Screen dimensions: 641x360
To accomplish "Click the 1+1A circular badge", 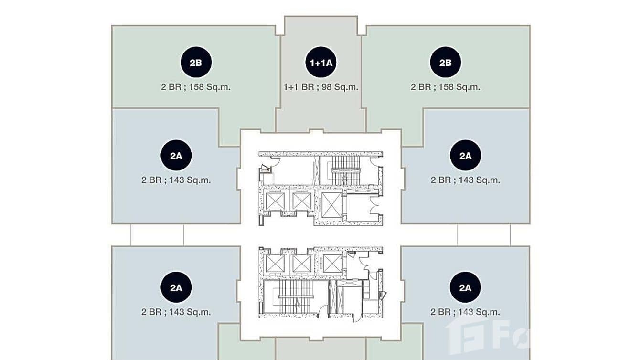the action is click(321, 62).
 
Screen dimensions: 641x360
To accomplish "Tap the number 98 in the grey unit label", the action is click(327, 87).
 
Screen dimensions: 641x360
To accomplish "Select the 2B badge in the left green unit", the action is click(196, 62).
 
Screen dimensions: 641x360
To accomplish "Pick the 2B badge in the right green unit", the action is click(446, 62).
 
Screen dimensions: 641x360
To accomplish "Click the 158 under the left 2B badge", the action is click(196, 87).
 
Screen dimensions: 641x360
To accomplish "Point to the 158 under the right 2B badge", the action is click(446, 87).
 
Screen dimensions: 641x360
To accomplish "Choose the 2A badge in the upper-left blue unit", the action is click(176, 155).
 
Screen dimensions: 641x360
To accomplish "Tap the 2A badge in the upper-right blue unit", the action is click(466, 155).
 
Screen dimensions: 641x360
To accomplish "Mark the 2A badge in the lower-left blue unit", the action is click(176, 287).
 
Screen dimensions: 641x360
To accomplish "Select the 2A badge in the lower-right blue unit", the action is click(465, 287).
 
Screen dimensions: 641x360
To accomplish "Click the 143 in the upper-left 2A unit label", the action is click(177, 180).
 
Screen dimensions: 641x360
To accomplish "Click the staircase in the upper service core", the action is click(345, 170).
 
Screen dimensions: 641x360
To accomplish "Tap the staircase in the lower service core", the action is click(295, 297).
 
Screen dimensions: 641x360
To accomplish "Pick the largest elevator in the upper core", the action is click(332, 205).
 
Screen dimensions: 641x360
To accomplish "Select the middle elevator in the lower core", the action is click(301, 264).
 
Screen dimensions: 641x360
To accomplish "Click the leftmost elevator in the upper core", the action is click(275, 201).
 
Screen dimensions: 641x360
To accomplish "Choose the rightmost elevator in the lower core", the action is click(332, 264).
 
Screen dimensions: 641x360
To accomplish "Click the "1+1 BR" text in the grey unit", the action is click(299, 87).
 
